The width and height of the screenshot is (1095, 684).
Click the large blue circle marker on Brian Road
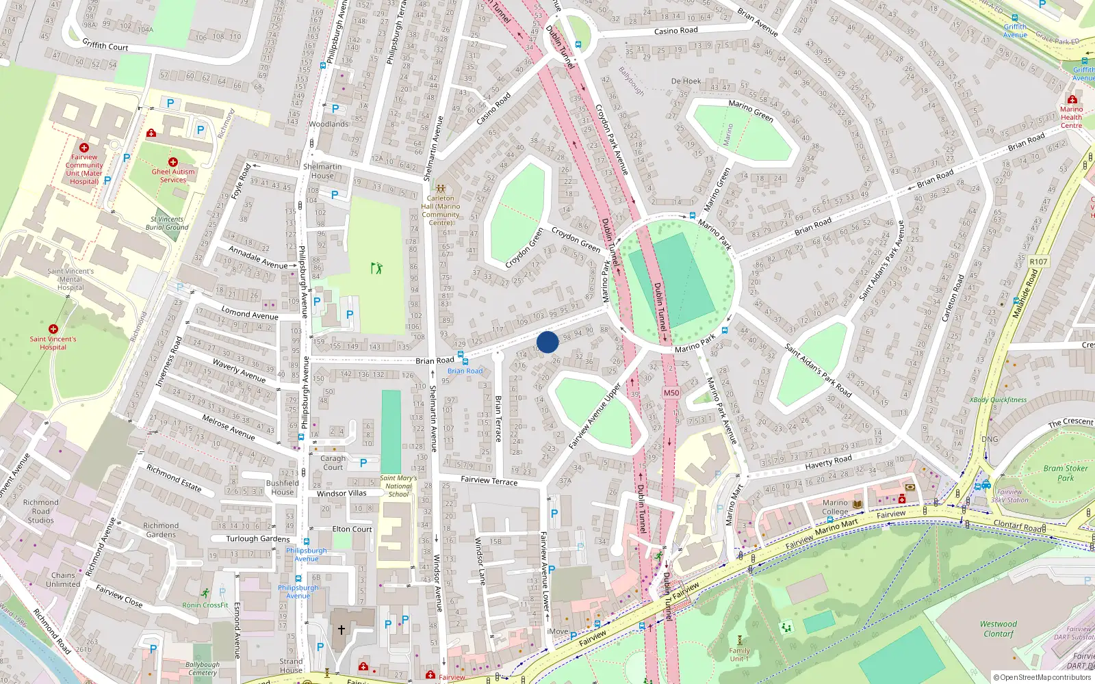547,342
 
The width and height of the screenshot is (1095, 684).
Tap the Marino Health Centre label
1071,117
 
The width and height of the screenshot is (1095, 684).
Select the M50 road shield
671,393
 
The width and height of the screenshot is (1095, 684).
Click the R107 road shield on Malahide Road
1038,261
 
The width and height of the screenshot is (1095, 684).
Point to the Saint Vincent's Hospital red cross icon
53,329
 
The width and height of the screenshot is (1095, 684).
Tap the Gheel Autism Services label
173,176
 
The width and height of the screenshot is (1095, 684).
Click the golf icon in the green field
376,268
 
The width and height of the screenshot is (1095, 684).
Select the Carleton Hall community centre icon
441,188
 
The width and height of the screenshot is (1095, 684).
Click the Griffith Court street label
105,45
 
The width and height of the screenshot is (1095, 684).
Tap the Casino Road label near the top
675,31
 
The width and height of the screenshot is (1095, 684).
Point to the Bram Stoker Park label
1066,473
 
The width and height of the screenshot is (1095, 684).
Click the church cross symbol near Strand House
341,629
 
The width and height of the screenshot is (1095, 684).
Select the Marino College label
835,507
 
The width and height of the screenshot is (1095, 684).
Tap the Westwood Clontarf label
999,629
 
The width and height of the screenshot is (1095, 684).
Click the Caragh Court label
333,463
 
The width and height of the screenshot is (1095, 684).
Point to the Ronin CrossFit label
205,605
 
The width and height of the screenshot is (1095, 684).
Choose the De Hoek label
686,81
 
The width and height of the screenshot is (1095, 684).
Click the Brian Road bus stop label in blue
465,371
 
